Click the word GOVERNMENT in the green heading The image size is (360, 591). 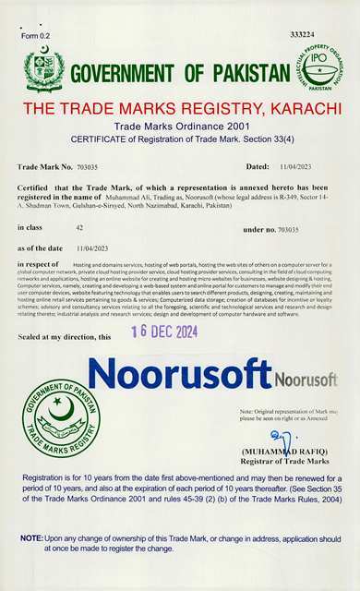tap(128, 74)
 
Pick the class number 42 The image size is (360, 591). tap(79, 226)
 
